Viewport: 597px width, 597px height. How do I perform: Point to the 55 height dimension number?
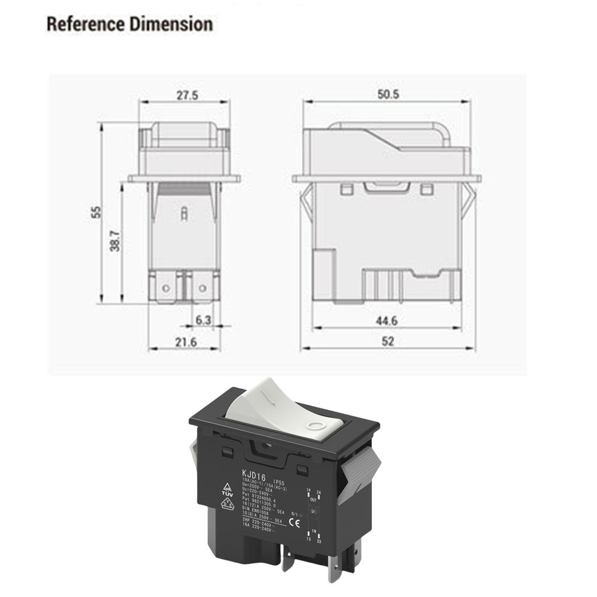pos(96,212)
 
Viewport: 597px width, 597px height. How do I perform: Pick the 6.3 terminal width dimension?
pos(203,319)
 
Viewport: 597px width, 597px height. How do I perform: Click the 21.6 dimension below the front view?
pos(185,342)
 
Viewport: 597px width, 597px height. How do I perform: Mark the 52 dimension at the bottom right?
pos(387,342)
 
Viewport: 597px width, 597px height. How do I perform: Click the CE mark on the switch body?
pos(296,522)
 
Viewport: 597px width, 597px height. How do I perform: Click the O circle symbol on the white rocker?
pos(317,426)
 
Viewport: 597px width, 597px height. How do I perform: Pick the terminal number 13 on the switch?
pos(308,539)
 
